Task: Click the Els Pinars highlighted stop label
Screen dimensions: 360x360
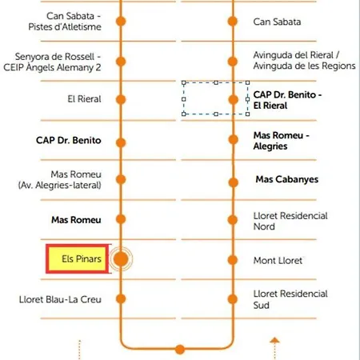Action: tap(82, 259)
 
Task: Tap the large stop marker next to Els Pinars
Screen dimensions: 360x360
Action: tap(121, 258)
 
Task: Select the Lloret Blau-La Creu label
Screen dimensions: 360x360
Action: tap(60, 299)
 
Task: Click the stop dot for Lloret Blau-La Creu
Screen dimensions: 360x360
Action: tap(121, 299)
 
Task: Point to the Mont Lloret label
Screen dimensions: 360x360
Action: tap(278, 261)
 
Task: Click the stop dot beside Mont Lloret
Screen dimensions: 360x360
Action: tap(233, 260)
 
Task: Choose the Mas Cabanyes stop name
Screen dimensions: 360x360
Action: tap(287, 179)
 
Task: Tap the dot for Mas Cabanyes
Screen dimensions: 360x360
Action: tap(233, 182)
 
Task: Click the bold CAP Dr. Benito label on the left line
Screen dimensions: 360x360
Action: tap(69, 140)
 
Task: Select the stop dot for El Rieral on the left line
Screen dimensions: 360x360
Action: tap(121, 99)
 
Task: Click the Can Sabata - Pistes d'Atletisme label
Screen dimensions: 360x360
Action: tap(65, 22)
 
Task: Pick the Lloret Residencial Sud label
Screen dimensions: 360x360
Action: tap(290, 299)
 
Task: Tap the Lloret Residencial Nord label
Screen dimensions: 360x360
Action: tap(290, 221)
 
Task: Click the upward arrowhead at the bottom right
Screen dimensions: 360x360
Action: tap(274, 340)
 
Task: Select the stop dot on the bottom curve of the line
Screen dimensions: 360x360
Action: tap(180, 350)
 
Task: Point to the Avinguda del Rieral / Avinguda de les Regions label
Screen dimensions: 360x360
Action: tap(304, 61)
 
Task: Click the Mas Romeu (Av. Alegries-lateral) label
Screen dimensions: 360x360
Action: tap(60, 180)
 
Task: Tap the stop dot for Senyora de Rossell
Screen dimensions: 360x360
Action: tap(121, 62)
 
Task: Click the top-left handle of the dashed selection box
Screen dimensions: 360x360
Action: tap(184, 82)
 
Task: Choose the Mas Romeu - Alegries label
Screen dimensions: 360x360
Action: tap(282, 141)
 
